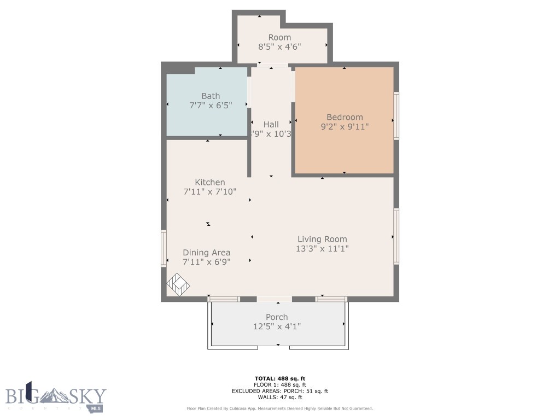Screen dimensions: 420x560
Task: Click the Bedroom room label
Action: coord(345,117)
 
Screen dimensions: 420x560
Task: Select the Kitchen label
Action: coord(210,182)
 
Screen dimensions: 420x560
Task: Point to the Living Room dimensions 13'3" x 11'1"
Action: coord(322,248)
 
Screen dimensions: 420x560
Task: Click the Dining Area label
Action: coord(206,253)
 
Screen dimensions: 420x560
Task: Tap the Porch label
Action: coord(277,317)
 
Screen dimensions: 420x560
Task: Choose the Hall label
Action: coord(271,124)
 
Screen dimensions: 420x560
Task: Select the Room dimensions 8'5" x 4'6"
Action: coord(279,47)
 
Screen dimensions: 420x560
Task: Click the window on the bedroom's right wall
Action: coord(396,116)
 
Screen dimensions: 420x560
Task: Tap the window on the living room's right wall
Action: coord(396,236)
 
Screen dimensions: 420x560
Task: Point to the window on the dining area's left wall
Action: coord(164,248)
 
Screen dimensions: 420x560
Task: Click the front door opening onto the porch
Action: coord(274,299)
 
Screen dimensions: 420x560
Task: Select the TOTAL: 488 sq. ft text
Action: coord(280,378)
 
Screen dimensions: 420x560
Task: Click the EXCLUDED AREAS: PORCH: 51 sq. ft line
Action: coord(280,391)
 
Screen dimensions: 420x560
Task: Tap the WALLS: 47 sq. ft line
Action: coord(280,397)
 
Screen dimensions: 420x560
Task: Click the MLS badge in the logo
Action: coord(97,408)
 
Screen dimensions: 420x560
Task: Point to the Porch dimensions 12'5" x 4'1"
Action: coord(277,326)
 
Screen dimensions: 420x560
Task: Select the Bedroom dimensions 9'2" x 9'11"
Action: coord(345,127)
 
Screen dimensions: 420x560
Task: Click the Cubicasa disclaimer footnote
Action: coord(280,409)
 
